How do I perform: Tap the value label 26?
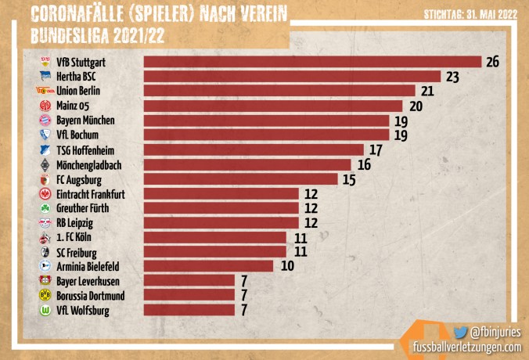pos(492,62)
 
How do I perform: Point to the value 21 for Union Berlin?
pos(427,92)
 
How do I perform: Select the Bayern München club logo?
pos(45,121)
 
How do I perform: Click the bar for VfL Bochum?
pos(266,135)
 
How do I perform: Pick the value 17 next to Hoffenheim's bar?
pos(375,149)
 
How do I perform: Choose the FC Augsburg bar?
pos(240,179)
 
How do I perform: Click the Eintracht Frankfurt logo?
pos(45,193)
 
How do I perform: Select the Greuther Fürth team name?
pos(82,208)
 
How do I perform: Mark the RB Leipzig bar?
pos(221,222)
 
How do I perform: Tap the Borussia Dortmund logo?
pos(45,296)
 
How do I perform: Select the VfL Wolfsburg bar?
pos(189,310)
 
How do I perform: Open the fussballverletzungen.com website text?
pos(466,347)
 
